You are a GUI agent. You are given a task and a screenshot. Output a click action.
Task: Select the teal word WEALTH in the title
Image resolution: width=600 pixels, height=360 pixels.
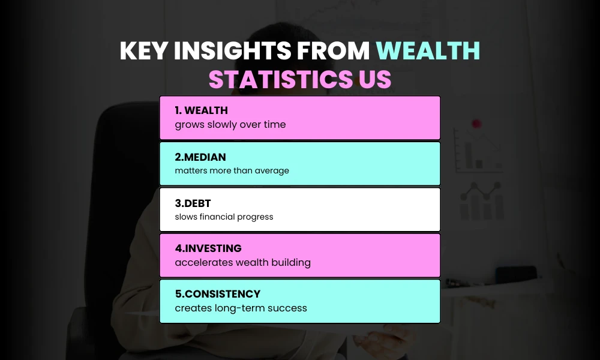428,52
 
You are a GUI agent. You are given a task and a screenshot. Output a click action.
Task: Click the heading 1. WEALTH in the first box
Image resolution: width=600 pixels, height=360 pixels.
201,110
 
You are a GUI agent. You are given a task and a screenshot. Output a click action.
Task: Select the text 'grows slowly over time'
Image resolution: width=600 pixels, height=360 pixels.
230,125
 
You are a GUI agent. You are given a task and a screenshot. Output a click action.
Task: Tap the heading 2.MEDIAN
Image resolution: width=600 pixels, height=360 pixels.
200,157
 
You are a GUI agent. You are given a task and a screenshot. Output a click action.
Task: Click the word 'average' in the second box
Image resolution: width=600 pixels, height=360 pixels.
271,171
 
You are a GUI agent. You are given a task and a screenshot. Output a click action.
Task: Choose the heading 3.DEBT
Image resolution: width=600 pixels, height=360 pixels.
193,203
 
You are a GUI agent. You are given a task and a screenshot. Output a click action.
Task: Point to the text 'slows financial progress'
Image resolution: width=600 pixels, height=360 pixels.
224,217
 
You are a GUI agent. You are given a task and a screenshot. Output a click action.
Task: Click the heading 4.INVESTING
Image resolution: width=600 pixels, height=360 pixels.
208,248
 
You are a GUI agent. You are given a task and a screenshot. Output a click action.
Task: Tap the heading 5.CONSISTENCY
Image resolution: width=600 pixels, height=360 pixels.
218,294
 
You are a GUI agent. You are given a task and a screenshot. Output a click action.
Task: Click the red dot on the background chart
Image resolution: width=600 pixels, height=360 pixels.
476,124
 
